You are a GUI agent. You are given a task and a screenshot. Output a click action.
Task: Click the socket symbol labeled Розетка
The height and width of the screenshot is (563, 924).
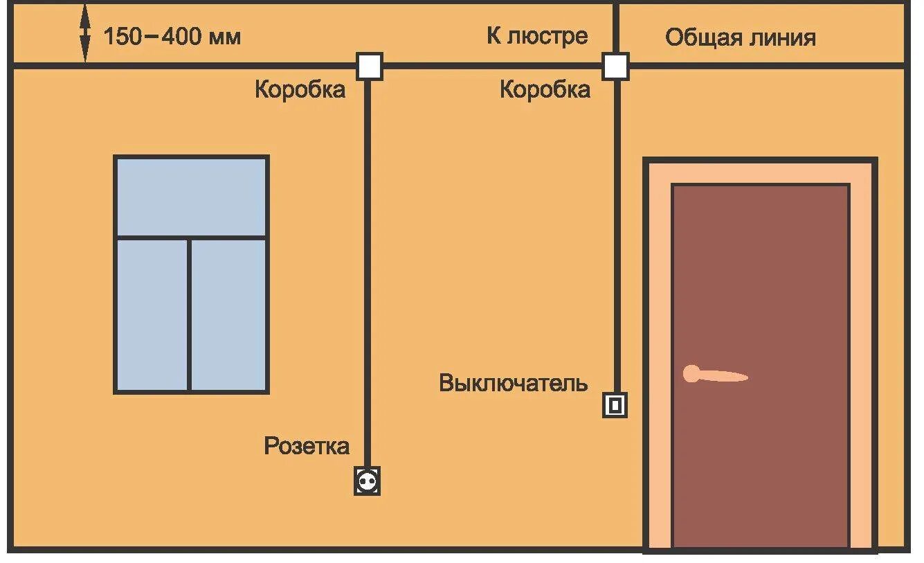(367, 481)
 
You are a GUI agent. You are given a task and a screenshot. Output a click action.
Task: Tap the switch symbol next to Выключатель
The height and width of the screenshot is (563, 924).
(615, 404)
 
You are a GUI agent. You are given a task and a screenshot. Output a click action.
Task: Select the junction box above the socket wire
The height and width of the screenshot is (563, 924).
(370, 66)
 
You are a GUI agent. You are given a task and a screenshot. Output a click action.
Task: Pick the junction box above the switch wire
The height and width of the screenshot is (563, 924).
(615, 66)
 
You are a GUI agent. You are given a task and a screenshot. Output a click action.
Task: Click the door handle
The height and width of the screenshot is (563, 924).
(713, 375)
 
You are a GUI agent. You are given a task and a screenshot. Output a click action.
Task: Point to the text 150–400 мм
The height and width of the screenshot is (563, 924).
(172, 36)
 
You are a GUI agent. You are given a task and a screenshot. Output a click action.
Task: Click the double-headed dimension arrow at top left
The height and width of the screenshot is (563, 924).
(84, 35)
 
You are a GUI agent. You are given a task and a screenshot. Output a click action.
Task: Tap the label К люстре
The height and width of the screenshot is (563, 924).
(537, 35)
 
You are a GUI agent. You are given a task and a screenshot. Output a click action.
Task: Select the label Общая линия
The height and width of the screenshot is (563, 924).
(740, 37)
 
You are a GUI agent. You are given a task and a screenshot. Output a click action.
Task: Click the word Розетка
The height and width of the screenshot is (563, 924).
(307, 446)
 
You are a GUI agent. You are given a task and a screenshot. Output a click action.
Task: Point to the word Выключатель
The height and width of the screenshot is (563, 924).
(514, 383)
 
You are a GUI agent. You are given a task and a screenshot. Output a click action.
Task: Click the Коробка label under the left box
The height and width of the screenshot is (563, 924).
(300, 89)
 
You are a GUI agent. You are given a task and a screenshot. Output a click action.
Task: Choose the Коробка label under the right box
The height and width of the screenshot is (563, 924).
(545, 89)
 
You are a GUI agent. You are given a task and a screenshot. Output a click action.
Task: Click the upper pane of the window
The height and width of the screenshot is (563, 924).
(191, 197)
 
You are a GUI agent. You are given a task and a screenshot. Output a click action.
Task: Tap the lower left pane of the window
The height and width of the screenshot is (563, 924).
(152, 314)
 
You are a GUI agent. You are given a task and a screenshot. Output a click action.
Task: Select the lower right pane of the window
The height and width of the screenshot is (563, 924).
(228, 314)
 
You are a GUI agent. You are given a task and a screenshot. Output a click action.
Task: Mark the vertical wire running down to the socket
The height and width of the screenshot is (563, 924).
(368, 277)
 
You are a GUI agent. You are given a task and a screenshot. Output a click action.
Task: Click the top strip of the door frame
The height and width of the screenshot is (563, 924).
(760, 171)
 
